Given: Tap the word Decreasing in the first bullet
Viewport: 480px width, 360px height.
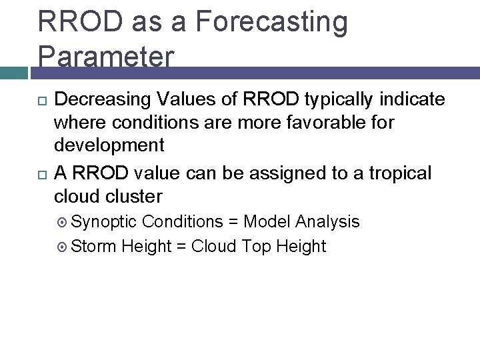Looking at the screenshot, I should click(102, 100).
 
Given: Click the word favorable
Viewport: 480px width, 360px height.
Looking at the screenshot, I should click(346, 123).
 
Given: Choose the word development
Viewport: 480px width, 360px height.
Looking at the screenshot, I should click(109, 145).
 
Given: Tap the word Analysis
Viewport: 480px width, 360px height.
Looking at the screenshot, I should click(327, 221).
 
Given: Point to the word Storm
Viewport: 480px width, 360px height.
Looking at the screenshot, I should click(93, 246).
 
